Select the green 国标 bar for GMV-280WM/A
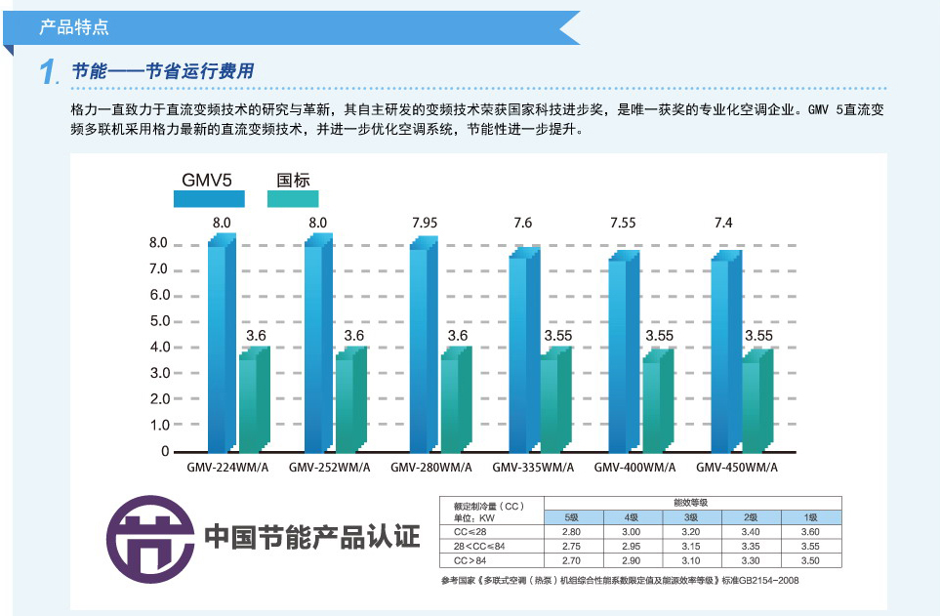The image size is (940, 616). pyautogui.click(x=456, y=399)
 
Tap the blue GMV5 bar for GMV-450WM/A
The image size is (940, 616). pyautogui.click(x=726, y=351)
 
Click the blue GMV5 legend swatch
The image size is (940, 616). pyautogui.click(x=209, y=198)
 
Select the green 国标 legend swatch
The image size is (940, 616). pyautogui.click(x=293, y=198)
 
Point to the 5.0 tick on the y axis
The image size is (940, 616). pyautogui.click(x=159, y=321)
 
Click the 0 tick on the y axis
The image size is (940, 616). pyautogui.click(x=165, y=451)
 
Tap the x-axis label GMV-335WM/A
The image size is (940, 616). pyautogui.click(x=533, y=468)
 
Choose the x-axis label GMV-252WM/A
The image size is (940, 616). pyautogui.click(x=329, y=468)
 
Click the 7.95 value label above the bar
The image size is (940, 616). pyautogui.click(x=425, y=223)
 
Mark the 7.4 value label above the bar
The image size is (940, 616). pyautogui.click(x=723, y=223)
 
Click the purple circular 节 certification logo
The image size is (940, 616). pyautogui.click(x=150, y=539)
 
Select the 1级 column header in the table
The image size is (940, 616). pyautogui.click(x=811, y=517)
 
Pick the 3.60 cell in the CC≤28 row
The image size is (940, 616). pyautogui.click(x=810, y=531)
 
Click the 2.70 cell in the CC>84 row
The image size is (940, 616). pyautogui.click(x=571, y=560)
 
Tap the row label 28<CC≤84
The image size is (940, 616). pyautogui.click(x=479, y=546)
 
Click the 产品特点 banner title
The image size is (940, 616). pyautogui.click(x=74, y=27)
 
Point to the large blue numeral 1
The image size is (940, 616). pyautogui.click(x=48, y=71)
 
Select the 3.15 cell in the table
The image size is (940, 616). pyautogui.click(x=691, y=546)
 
